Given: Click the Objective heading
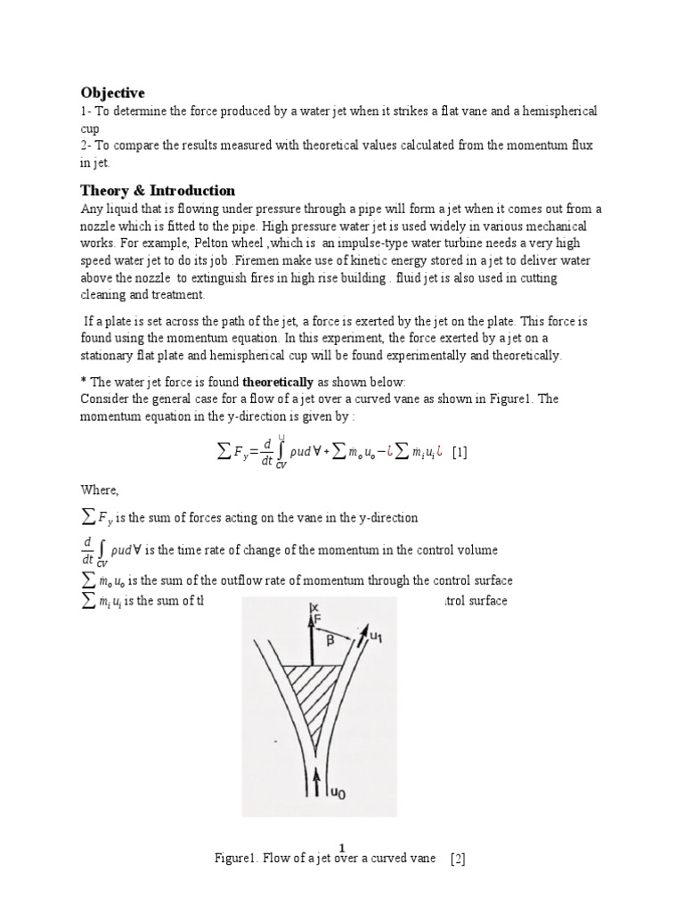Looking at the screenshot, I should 112,93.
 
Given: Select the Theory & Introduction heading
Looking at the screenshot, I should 158,191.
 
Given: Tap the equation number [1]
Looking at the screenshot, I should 460,452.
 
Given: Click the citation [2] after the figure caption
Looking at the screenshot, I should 459,860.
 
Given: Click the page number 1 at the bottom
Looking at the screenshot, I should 342,847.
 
